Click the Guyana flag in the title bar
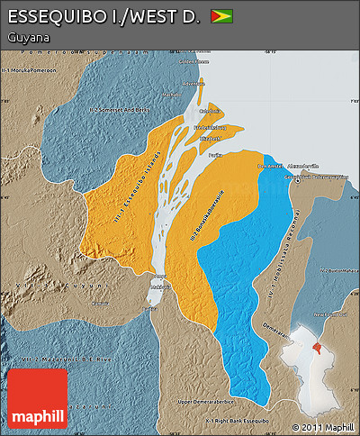(220, 16)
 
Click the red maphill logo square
(38, 398)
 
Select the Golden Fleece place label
(188, 62)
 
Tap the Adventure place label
(194, 84)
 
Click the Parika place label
(215, 155)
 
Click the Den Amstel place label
(269, 166)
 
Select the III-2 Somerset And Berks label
(118, 109)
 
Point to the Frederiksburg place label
(209, 128)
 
